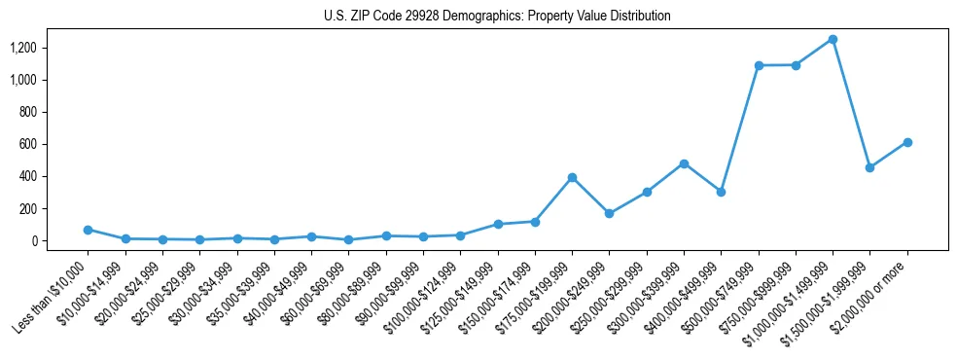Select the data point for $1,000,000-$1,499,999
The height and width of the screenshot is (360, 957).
click(833, 39)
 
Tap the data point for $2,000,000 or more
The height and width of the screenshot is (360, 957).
click(907, 142)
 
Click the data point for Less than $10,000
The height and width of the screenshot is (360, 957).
click(88, 230)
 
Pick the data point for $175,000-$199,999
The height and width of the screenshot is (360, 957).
click(572, 177)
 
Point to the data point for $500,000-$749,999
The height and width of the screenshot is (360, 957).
click(759, 65)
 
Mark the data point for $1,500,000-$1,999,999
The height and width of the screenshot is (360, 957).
click(869, 167)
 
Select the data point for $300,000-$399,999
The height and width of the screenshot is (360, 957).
click(684, 163)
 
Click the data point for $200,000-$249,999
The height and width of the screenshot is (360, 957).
click(609, 213)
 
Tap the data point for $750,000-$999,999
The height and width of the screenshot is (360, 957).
click(796, 65)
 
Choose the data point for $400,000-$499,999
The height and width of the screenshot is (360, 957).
click(721, 192)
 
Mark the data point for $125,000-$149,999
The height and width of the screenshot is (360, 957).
click(497, 224)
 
